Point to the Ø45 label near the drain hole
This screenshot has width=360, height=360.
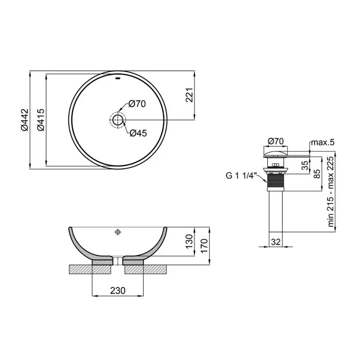[x=138, y=133]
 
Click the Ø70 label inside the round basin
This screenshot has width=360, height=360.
[x=137, y=104]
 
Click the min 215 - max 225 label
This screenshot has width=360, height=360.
[x=331, y=192]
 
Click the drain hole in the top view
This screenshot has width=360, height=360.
[x=118, y=120]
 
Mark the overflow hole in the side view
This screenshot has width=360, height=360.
[x=118, y=232]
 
